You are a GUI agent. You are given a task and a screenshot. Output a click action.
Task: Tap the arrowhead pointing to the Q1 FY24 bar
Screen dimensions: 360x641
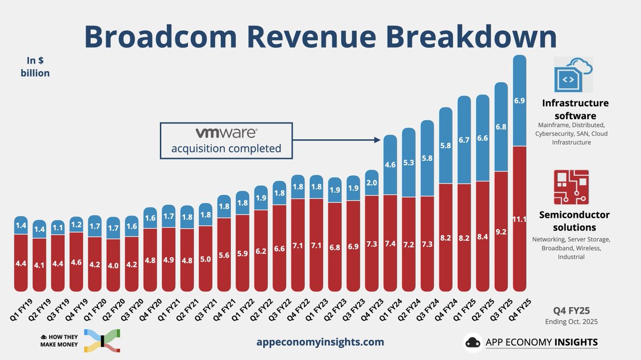click(x=377, y=140)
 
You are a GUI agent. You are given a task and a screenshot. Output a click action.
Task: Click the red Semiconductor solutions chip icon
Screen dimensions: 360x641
click(x=571, y=187)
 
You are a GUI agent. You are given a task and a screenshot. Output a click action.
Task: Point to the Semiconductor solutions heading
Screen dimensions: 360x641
click(x=574, y=221)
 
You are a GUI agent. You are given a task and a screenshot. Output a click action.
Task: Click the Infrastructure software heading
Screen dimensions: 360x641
click(x=575, y=109)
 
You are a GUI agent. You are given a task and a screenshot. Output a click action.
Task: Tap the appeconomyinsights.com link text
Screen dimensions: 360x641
click(x=319, y=342)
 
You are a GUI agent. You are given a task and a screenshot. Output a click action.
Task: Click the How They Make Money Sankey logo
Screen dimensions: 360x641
click(x=101, y=341)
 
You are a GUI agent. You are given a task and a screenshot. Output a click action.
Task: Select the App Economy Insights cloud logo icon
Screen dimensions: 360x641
click(x=473, y=342)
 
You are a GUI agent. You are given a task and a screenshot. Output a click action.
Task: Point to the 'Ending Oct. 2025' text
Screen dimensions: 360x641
click(x=571, y=322)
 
